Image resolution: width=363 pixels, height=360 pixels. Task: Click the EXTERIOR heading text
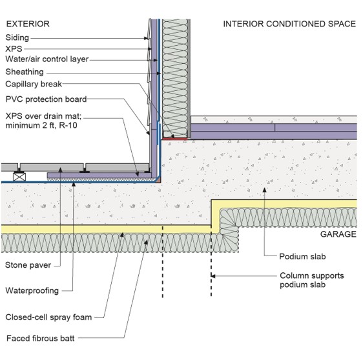(x=28, y=24)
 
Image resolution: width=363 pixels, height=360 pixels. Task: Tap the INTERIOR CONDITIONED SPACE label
(x=289, y=24)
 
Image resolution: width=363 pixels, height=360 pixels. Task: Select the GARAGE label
(x=338, y=234)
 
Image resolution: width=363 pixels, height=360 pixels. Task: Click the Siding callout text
(x=17, y=37)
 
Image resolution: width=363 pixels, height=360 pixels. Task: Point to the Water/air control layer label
(x=47, y=59)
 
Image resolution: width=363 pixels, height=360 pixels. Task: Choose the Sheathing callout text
(x=25, y=72)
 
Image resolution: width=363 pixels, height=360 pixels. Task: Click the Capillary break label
(x=34, y=84)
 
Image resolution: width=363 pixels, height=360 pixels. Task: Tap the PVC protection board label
(x=46, y=99)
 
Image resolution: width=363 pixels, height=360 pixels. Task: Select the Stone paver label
(x=28, y=265)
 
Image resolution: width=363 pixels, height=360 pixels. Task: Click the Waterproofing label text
(x=32, y=290)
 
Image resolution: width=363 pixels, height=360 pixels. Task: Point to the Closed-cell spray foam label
(x=48, y=317)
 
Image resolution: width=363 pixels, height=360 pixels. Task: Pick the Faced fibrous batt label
(x=41, y=338)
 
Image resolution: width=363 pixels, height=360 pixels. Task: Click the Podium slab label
(x=302, y=256)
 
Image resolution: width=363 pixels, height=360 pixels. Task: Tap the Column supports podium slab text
(x=311, y=280)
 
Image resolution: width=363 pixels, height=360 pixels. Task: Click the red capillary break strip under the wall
(x=174, y=139)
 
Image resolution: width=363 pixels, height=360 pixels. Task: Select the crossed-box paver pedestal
(x=19, y=177)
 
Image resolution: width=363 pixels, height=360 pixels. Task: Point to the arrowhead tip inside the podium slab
(x=264, y=188)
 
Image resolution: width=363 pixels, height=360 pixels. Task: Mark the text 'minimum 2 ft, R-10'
(x=41, y=126)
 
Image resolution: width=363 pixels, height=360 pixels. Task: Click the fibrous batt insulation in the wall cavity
(x=175, y=78)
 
